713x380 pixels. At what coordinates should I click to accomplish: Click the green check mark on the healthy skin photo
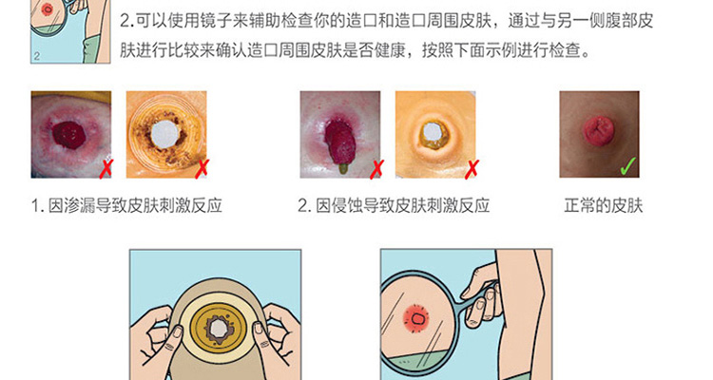click(x=627, y=166)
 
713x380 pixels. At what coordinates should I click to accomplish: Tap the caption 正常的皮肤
click(x=604, y=205)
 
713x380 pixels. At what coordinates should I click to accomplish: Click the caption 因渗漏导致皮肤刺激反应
click(x=126, y=205)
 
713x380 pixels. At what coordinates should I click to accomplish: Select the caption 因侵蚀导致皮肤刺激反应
click(x=394, y=205)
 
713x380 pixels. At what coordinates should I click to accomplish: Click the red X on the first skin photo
click(x=106, y=168)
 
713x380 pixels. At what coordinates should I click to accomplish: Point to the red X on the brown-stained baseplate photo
click(x=202, y=168)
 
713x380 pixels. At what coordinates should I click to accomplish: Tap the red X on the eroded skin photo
click(x=377, y=169)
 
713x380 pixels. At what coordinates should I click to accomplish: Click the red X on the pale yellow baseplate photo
click(x=472, y=169)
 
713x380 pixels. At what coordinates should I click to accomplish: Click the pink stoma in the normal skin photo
click(x=598, y=131)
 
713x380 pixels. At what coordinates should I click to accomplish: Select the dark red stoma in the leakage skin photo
click(x=68, y=135)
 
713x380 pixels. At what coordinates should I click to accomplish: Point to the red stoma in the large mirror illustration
click(x=417, y=318)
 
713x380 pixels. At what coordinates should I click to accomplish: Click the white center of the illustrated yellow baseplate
click(x=219, y=327)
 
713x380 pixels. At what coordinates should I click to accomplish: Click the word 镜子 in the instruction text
click(x=215, y=21)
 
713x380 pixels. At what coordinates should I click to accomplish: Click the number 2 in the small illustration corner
click(x=37, y=56)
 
